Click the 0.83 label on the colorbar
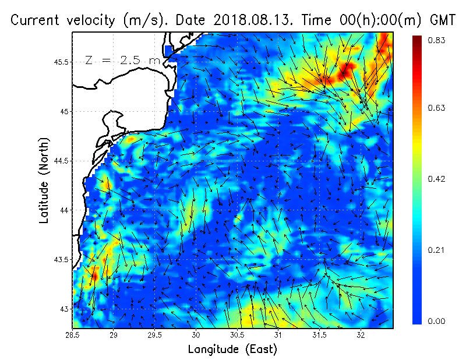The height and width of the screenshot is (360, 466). pyautogui.click(x=437, y=40)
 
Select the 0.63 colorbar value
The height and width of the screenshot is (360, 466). pyautogui.click(x=437, y=108)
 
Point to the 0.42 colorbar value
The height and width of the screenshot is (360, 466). pyautogui.click(x=437, y=178)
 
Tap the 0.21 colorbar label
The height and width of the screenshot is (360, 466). pyautogui.click(x=437, y=250)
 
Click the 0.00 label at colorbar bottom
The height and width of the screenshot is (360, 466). pyautogui.click(x=437, y=321)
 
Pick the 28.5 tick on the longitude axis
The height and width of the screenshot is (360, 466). pyautogui.click(x=73, y=335)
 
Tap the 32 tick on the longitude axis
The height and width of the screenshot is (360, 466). pyautogui.click(x=361, y=335)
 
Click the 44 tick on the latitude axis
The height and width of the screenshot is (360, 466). pyautogui.click(x=63, y=210)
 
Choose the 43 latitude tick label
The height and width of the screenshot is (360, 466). pyautogui.click(x=63, y=308)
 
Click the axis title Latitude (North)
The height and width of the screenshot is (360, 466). pyautogui.click(x=44, y=180)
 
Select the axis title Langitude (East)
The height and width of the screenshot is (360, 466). pyautogui.click(x=232, y=350)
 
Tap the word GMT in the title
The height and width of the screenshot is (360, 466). pyautogui.click(x=441, y=20)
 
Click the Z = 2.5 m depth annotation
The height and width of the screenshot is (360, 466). pyautogui.click(x=121, y=61)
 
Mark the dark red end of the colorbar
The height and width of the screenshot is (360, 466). pyautogui.click(x=417, y=40)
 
